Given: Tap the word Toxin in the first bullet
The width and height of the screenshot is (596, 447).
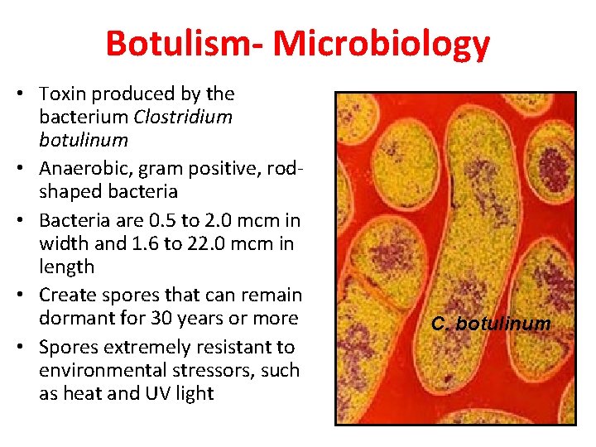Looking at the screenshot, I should (63, 94).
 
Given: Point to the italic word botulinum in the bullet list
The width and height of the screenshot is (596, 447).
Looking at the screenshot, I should (83, 140).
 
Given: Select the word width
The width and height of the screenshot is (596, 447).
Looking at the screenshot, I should (64, 244).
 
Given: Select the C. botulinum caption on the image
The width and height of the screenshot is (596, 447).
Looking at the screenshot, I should (491, 323).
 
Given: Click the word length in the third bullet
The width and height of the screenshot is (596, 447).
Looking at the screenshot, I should (67, 267).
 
